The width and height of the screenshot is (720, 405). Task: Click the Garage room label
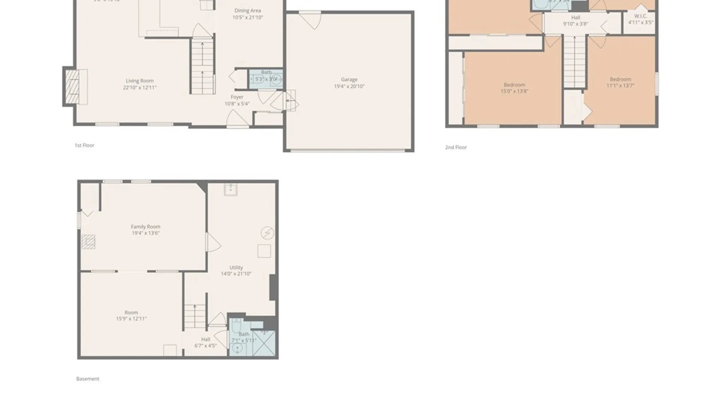coord(349,83)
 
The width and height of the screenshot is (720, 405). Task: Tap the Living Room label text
coord(139,84)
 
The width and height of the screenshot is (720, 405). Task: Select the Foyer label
coord(237,100)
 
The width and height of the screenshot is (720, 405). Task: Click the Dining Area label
coord(247,14)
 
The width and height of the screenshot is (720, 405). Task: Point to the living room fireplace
coord(72,87)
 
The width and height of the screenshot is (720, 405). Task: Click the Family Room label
coord(145,229)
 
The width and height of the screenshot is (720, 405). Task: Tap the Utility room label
coord(236,270)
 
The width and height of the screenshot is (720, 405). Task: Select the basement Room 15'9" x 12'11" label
coord(131,315)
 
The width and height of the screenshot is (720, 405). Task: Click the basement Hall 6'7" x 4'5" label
coord(205,342)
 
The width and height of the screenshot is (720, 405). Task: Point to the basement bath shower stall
coord(264,343)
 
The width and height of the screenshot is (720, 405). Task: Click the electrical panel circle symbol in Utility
coord(267,233)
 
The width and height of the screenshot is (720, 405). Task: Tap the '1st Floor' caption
coord(84,145)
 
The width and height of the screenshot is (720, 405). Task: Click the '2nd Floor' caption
coord(456,147)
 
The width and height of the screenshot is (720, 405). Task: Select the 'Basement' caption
coord(88,379)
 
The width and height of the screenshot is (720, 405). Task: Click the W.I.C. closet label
coord(640,19)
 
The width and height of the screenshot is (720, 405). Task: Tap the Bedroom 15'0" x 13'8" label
coord(514,88)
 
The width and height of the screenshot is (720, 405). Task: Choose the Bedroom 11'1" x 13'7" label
coord(620,82)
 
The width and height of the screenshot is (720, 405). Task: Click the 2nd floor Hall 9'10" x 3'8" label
coord(575,21)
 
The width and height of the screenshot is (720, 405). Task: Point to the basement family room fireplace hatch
coord(88,242)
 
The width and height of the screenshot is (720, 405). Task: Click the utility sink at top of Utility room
coord(230,189)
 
